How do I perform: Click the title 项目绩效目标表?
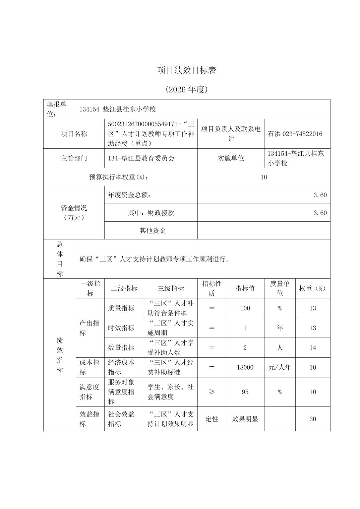click(187, 70)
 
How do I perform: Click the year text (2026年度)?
click(187, 89)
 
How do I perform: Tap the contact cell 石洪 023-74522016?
click(295, 134)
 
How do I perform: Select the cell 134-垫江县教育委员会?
click(141, 158)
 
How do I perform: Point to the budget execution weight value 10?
click(264, 177)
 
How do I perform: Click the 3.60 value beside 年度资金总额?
click(320, 195)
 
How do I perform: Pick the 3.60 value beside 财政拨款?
click(320, 213)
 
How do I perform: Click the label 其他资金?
click(153, 230)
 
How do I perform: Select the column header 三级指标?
click(171, 288)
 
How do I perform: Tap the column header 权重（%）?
click(312, 288)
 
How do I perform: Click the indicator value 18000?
click(245, 367)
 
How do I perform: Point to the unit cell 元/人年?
click(280, 367)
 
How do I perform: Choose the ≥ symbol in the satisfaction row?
click(212, 392)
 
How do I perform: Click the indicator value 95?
click(245, 392)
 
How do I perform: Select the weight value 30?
click(312, 419)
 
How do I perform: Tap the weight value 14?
click(312, 348)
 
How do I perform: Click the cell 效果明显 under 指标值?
click(245, 419)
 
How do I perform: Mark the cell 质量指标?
click(121, 308)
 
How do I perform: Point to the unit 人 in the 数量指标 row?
click(280, 348)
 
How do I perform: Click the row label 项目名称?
click(74, 134)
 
